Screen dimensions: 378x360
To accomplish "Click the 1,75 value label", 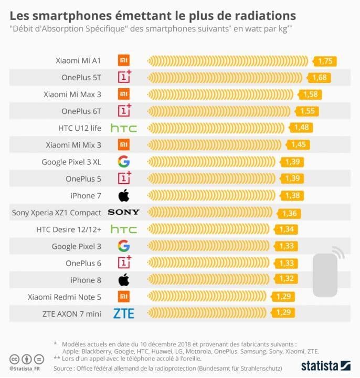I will click(325, 61).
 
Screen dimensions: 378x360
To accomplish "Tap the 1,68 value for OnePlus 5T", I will click(320, 78).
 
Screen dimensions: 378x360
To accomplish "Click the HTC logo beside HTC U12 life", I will click(124, 128).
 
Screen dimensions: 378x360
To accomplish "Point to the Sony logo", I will click(124, 212).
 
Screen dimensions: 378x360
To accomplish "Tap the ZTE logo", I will click(124, 313).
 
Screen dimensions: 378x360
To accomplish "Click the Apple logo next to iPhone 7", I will click(124, 196).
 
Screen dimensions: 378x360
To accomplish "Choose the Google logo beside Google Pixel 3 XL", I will click(124, 162).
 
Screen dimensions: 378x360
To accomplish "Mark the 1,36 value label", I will click(289, 213).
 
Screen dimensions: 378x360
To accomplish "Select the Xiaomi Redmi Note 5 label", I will click(64, 297).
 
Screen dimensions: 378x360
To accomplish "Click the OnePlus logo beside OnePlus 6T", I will click(124, 111).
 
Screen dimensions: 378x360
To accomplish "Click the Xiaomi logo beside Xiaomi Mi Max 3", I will click(124, 94).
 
